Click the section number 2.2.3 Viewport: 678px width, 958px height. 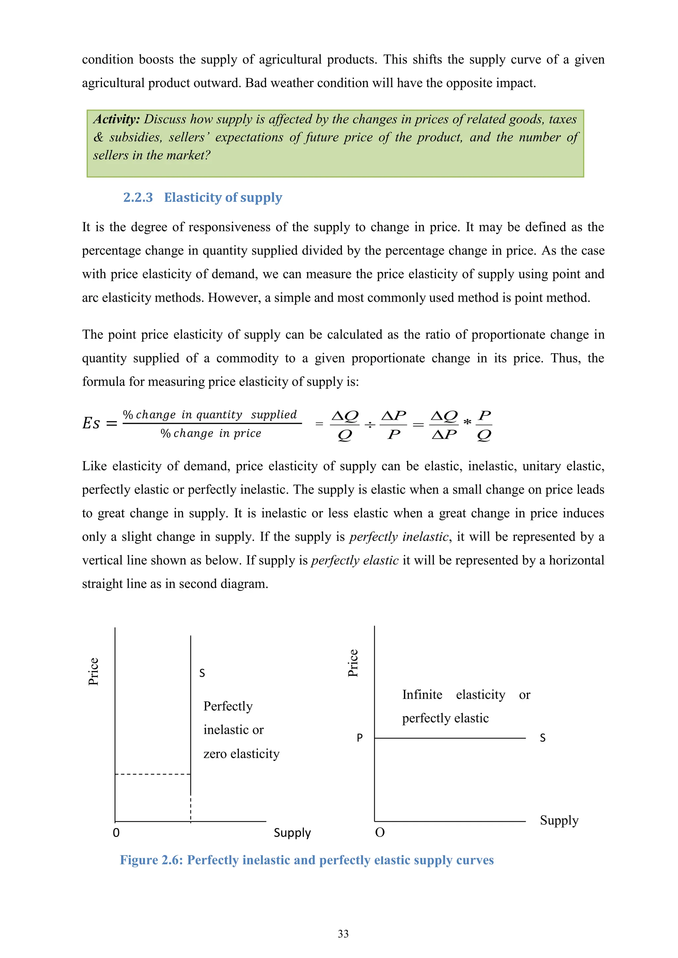point(138,197)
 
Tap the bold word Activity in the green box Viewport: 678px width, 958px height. point(116,119)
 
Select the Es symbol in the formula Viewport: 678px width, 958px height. point(91,423)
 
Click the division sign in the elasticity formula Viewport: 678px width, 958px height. point(370,425)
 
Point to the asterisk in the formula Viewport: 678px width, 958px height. point(467,422)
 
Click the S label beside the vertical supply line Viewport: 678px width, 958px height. point(202,673)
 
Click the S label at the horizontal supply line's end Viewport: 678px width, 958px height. point(542,738)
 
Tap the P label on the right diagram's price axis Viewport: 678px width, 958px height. point(360,738)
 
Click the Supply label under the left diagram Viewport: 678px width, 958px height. point(292,833)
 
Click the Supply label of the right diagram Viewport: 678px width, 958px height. point(559,820)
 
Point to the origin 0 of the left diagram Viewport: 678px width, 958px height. point(116,833)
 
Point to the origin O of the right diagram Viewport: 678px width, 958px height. point(379,833)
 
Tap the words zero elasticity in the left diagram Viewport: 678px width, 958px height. point(241,754)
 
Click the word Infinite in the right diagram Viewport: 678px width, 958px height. point(422,695)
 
